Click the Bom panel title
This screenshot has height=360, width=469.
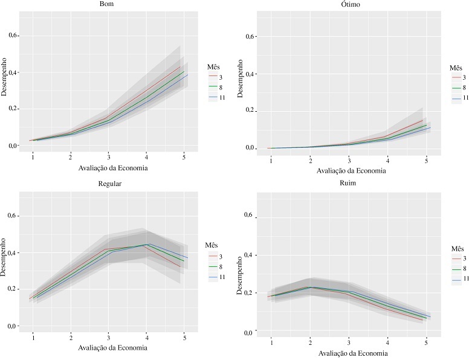click(x=108, y=5)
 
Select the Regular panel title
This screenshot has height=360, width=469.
click(x=108, y=184)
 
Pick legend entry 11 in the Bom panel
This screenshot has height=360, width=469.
click(x=223, y=97)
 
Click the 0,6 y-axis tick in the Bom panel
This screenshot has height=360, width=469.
click(x=12, y=36)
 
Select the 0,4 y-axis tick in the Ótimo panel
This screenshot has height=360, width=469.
click(x=253, y=74)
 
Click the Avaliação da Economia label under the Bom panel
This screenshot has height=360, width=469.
click(x=109, y=167)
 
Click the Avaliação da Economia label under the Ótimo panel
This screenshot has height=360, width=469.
click(x=349, y=170)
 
